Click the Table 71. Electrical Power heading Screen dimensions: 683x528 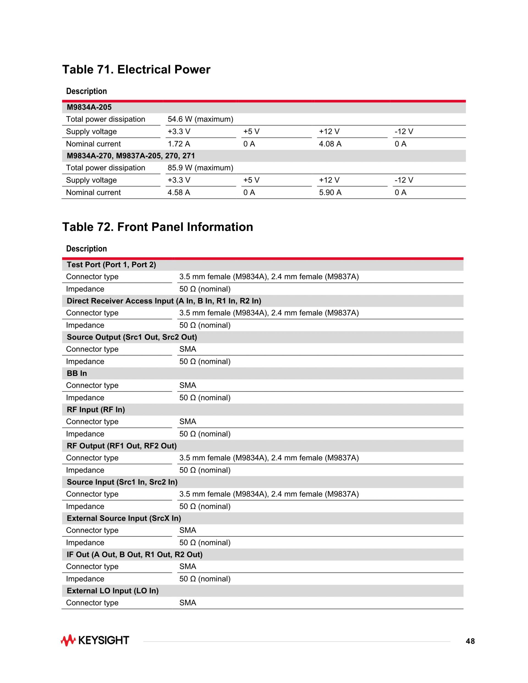(136, 69)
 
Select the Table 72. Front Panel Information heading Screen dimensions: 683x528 (157, 227)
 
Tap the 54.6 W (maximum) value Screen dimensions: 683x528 (200, 119)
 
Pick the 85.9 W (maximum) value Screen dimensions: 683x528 (200, 168)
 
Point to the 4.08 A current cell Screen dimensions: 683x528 (330, 144)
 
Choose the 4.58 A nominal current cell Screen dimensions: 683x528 (178, 192)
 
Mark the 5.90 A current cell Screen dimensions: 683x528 (330, 192)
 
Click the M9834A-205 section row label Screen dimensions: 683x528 (89, 107)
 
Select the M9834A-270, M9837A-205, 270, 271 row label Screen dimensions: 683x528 (131, 156)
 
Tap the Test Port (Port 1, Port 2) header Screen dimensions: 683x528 (111, 265)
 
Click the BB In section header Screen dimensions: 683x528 (77, 373)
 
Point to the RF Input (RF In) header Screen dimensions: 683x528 (96, 409)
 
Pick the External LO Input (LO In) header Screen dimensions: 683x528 (112, 590)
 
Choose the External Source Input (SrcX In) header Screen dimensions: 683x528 (124, 518)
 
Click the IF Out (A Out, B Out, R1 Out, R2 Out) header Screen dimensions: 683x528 (134, 555)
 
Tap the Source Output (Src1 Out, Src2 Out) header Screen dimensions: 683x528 (132, 337)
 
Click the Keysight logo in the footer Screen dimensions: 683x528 (95, 640)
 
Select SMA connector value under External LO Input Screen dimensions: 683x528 (188, 603)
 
